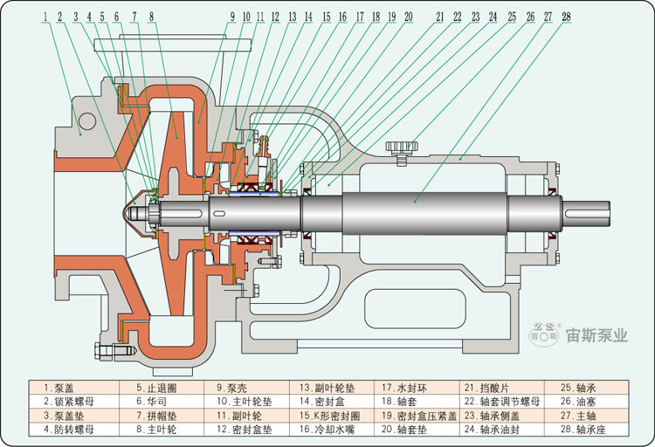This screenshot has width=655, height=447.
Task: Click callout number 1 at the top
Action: [x=45, y=17]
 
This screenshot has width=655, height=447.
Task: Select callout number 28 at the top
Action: [x=566, y=17]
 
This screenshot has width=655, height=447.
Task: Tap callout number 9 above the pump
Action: [x=232, y=17]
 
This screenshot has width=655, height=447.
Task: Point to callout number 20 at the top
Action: [x=408, y=17]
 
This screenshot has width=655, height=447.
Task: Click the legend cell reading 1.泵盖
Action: [x=59, y=388]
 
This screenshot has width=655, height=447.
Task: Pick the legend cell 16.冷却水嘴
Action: [x=327, y=430]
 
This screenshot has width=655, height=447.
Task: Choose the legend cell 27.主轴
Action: [x=578, y=416]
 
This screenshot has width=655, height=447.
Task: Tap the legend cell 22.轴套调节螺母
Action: [x=501, y=402]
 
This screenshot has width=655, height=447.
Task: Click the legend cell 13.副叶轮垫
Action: [x=327, y=388]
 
